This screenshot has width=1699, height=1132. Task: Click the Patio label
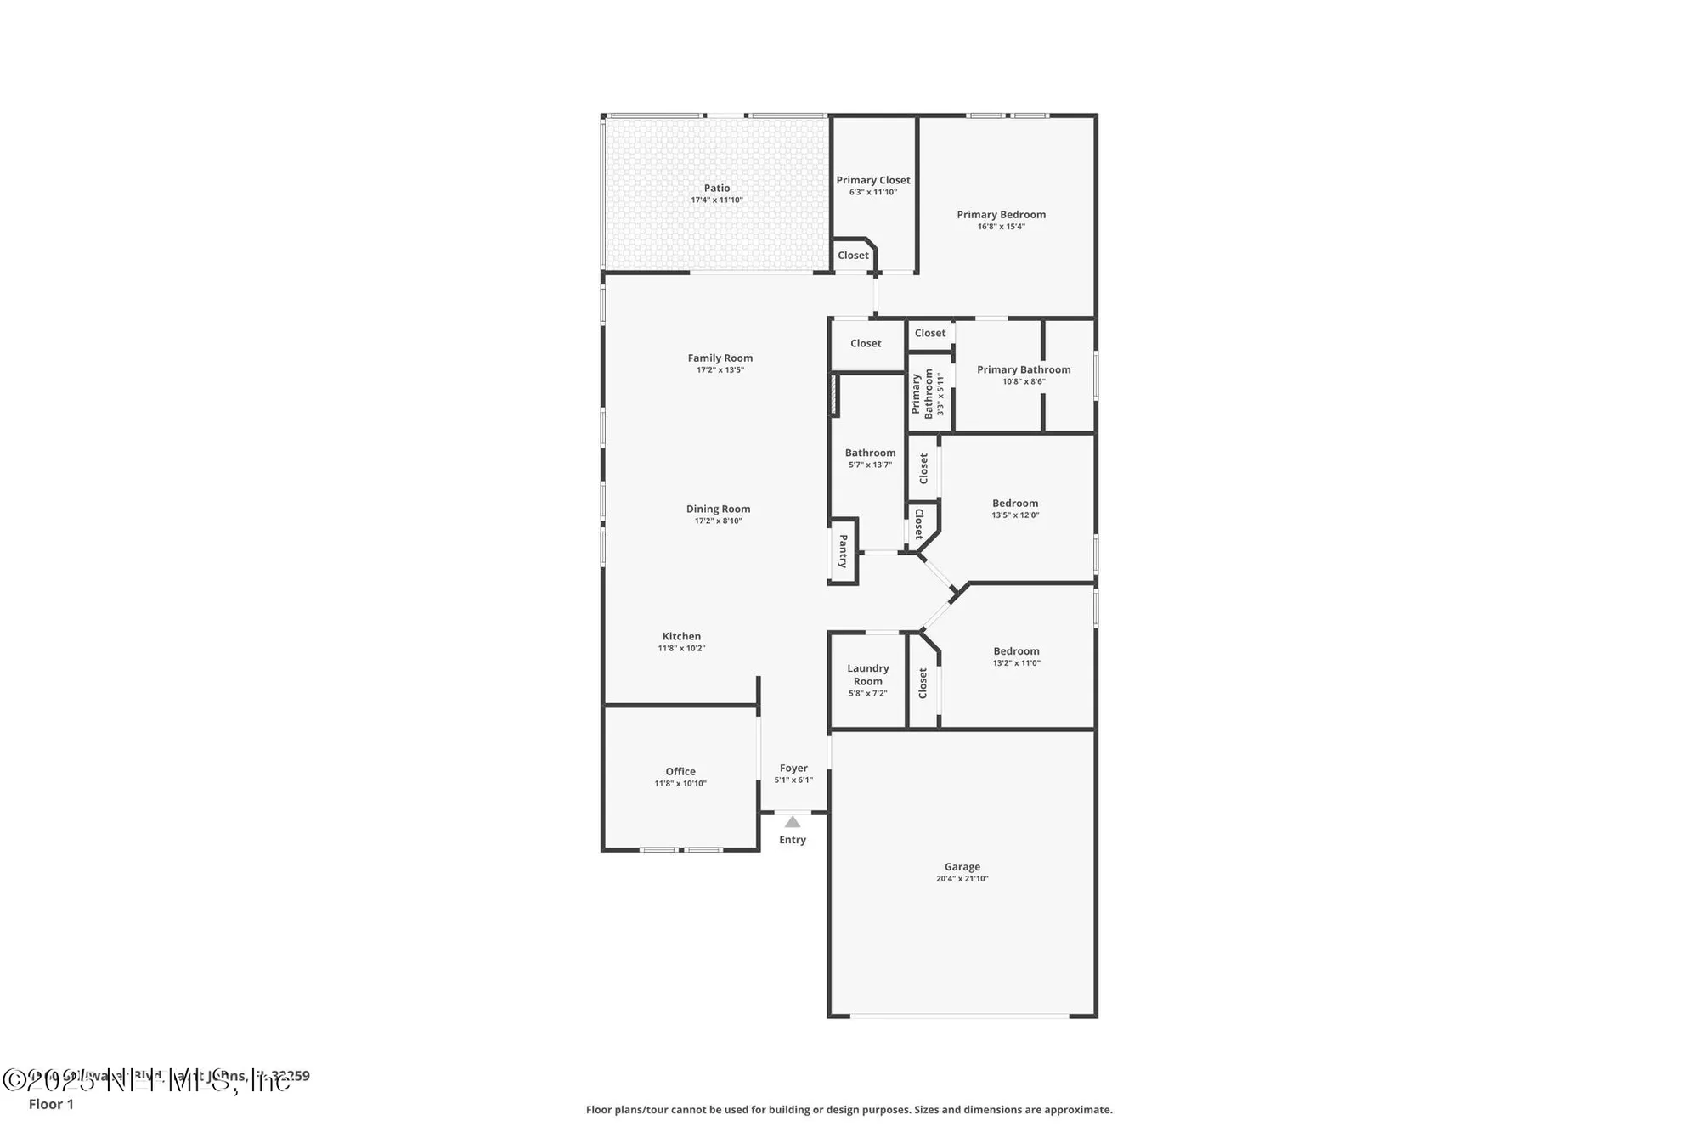(x=716, y=189)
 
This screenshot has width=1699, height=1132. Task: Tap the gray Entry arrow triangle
(x=792, y=822)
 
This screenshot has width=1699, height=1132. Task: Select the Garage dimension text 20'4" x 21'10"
(x=962, y=879)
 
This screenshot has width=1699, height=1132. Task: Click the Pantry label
(x=843, y=550)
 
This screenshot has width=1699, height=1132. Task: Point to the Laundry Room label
(x=867, y=674)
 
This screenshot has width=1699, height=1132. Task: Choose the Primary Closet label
(x=872, y=180)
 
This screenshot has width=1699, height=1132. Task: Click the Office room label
(x=680, y=772)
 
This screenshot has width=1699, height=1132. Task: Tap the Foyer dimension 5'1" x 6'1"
(x=793, y=780)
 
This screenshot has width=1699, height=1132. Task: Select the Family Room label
(x=720, y=358)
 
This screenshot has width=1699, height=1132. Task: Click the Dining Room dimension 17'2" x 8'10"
(x=718, y=521)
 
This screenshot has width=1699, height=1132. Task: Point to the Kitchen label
(x=681, y=636)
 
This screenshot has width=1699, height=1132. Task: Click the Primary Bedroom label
(x=1001, y=215)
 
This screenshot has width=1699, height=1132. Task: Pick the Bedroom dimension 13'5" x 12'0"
(x=1015, y=515)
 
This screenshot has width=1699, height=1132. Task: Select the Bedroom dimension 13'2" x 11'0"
(x=1016, y=663)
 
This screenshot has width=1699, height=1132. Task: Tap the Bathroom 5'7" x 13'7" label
(x=870, y=453)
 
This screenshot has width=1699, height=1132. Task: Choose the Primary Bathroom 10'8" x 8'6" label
(x=1023, y=370)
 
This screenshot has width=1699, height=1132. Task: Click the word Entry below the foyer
(x=792, y=840)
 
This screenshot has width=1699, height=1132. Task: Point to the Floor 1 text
(x=51, y=1104)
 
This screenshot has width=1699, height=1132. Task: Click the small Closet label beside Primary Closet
(x=853, y=256)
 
